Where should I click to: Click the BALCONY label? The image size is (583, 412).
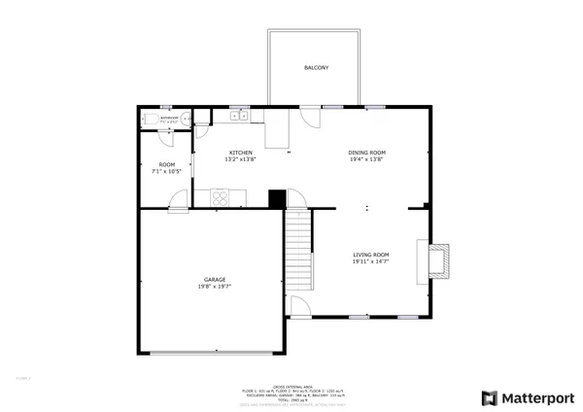point(316,68)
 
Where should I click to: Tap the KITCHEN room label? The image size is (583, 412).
point(241,153)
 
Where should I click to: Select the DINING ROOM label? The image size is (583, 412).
point(367,153)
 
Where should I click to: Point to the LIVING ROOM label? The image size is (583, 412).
point(370,255)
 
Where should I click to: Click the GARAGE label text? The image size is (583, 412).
point(215,279)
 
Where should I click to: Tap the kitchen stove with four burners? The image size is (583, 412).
point(222,198)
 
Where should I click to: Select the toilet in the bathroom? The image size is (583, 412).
point(147,119)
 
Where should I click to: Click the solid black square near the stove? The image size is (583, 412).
point(277,198)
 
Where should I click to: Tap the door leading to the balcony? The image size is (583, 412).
point(311,119)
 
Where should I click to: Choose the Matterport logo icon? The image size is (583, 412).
point(488,398)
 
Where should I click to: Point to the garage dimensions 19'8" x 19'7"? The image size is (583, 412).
point(215,287)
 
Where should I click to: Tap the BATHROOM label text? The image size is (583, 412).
point(169,117)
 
